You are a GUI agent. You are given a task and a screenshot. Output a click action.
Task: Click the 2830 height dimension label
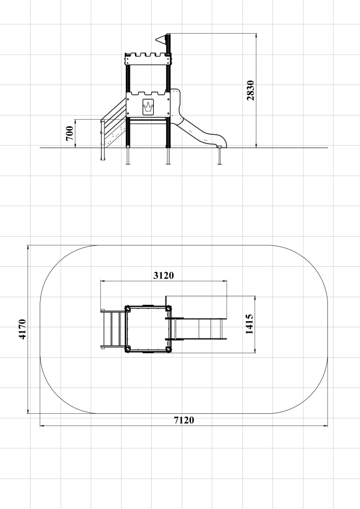251,90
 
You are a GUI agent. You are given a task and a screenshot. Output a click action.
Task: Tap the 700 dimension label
69,133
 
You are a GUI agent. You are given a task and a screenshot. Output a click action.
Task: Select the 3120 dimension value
163,275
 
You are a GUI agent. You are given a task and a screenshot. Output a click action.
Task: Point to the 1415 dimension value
250,324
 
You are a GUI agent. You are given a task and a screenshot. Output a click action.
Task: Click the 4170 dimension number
22,329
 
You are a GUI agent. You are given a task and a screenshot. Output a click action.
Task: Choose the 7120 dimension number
184,420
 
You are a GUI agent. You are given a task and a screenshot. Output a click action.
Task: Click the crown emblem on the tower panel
148,107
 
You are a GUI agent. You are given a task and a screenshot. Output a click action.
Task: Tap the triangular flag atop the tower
161,40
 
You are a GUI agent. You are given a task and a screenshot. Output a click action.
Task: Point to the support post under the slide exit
219,156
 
